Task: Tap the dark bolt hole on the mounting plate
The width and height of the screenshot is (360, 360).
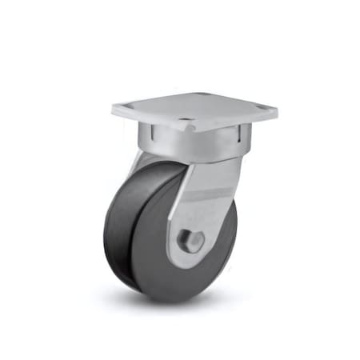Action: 186,124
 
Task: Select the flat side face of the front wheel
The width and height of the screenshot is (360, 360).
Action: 160,240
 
